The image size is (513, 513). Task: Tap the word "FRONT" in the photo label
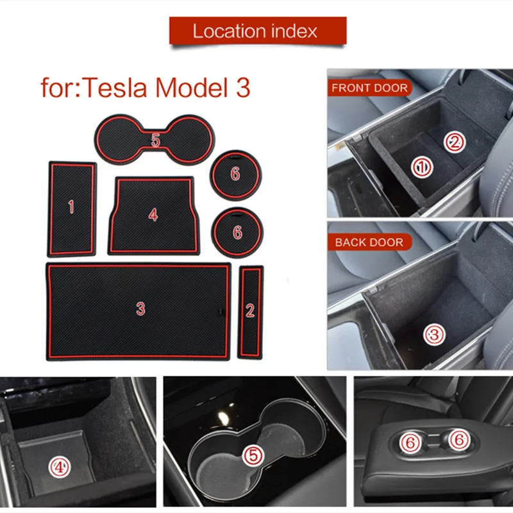click(352, 88)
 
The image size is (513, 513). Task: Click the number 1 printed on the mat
click(71, 206)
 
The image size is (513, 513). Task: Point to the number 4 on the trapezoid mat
click(153, 215)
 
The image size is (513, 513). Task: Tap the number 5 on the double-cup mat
click(156, 140)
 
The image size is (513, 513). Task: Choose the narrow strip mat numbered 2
click(250, 311)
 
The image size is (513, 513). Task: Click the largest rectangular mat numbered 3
click(139, 310)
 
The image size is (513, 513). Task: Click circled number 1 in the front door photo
click(422, 168)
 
